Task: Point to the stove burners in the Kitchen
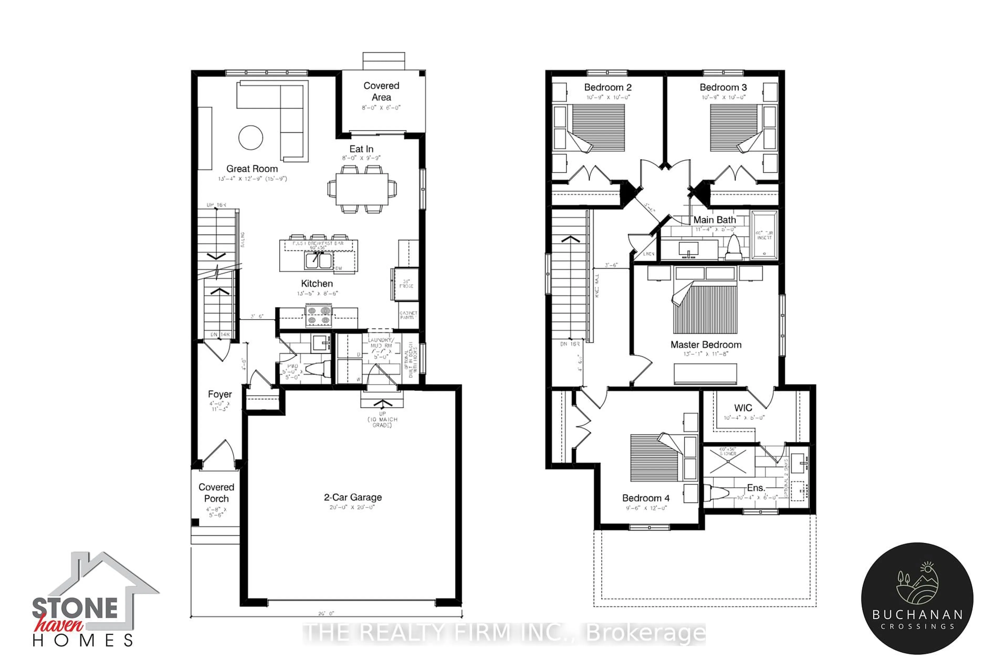click(318, 315)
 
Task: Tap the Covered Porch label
click(216, 493)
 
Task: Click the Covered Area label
click(381, 91)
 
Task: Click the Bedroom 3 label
click(723, 87)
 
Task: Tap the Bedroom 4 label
click(645, 498)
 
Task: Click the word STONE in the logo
click(75, 608)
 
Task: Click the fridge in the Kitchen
click(405, 284)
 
